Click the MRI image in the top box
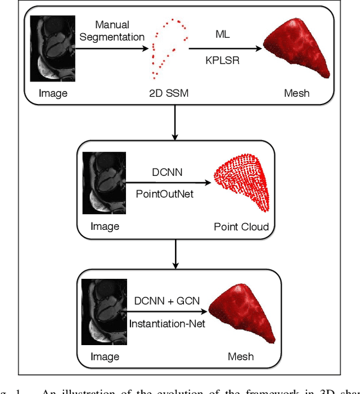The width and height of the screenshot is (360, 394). [53, 49]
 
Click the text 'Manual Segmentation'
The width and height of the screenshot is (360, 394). [112, 30]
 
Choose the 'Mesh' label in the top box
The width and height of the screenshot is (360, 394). [296, 93]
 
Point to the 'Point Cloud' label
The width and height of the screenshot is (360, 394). [241, 227]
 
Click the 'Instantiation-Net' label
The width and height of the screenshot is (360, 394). [168, 324]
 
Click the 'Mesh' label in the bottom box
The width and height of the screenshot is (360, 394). [241, 356]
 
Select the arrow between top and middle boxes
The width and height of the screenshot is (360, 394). [175, 126]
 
